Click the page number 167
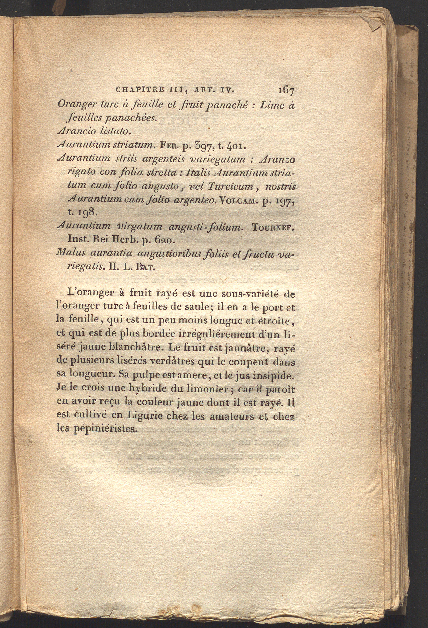click(x=286, y=90)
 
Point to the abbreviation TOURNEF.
click(x=273, y=227)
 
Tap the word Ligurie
click(x=145, y=415)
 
